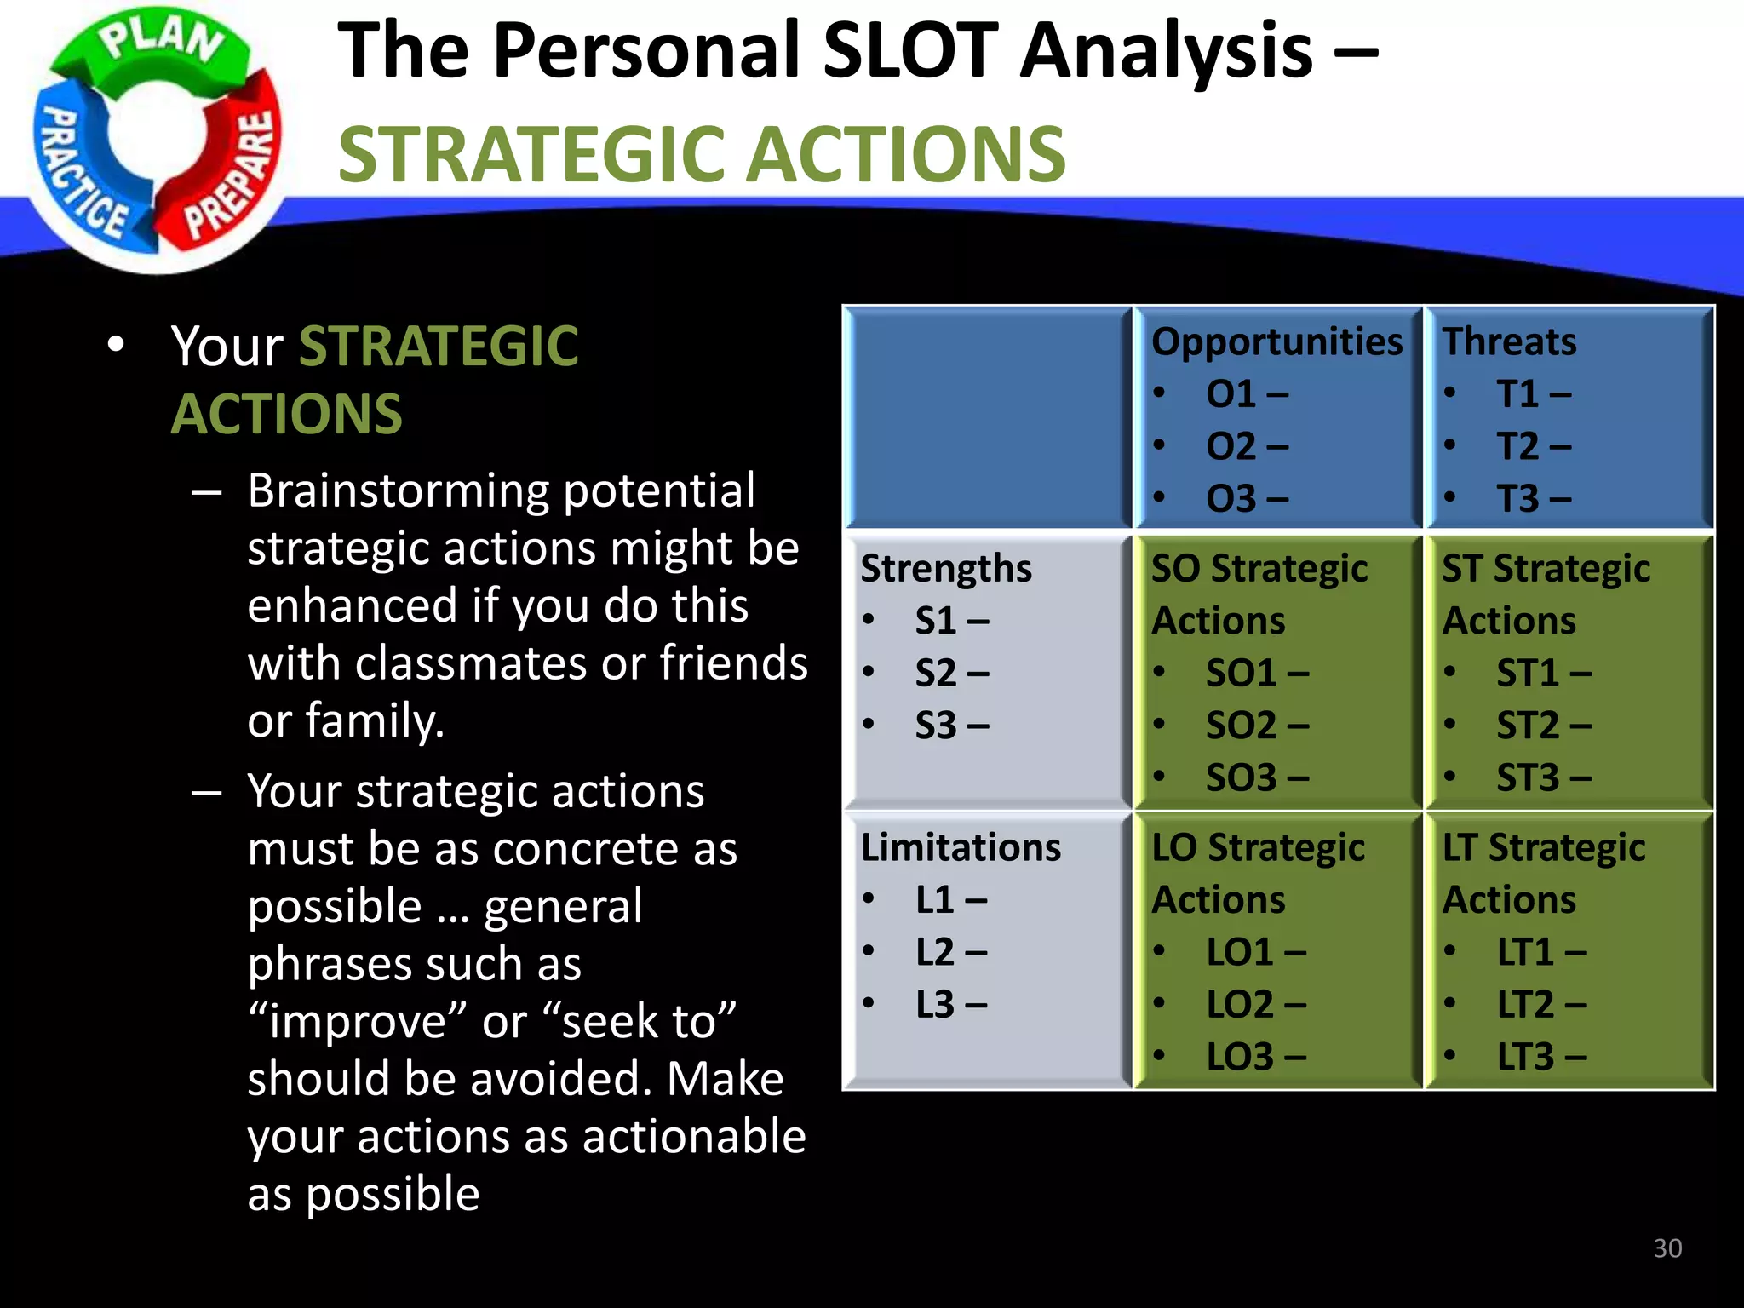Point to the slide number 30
tap(1667, 1248)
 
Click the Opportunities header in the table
tap(1276, 341)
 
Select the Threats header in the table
tap(1508, 341)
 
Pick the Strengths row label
tap(945, 569)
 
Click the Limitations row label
tap(961, 847)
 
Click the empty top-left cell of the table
tap(988, 417)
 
